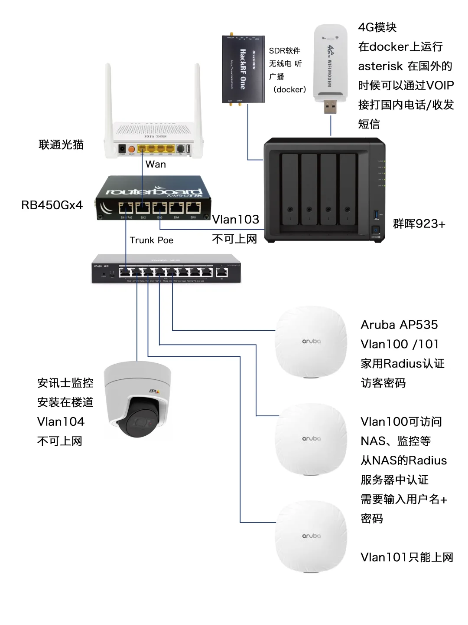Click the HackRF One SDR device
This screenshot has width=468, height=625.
(243, 69)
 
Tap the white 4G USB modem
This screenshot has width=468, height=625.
(330, 63)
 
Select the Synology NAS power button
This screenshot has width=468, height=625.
(376, 230)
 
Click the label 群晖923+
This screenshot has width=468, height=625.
(419, 224)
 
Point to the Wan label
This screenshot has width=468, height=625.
(156, 164)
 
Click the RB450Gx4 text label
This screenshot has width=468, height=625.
(52, 205)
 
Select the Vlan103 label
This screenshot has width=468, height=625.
(235, 220)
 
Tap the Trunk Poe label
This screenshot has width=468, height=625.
(151, 240)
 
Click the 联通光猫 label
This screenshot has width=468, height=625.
(61, 145)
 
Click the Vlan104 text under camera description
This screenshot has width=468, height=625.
(61, 422)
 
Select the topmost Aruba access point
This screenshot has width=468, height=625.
(311, 342)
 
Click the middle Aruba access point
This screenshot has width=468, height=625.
(311, 439)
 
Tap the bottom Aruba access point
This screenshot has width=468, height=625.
(311, 536)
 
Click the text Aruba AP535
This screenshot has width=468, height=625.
(399, 325)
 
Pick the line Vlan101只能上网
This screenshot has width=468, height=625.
(406, 557)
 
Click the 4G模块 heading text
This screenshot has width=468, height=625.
(377, 27)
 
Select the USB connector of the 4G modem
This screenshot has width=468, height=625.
(330, 107)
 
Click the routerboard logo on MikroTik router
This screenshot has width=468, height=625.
(154, 191)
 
